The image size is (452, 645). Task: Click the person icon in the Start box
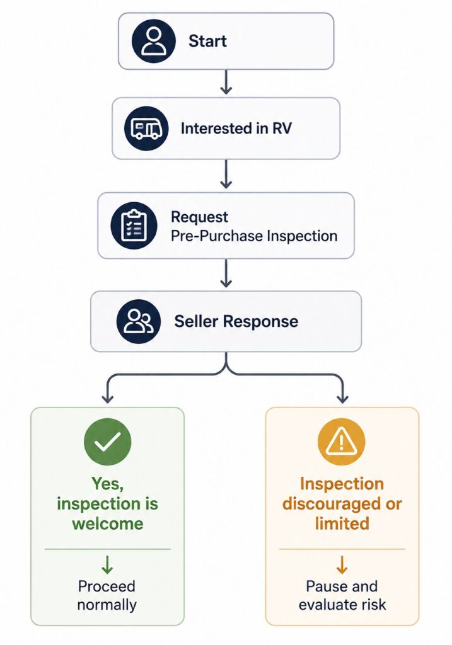coord(154,41)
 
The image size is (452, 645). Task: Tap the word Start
coord(207,41)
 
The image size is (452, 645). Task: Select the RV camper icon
coord(146,128)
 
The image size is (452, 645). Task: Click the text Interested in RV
coord(236,128)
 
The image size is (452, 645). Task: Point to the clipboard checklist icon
coord(134,225)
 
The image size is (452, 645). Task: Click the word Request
coord(199,217)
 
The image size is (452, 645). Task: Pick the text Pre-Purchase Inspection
coord(254,236)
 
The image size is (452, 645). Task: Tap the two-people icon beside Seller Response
coord(139,321)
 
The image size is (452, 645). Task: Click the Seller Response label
coord(236,321)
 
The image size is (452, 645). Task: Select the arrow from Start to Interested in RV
coord(226,83)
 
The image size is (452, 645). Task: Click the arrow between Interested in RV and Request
coord(226,174)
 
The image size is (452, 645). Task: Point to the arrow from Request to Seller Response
coord(226,273)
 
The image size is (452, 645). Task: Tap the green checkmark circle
coord(107,442)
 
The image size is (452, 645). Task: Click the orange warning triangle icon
coord(341,442)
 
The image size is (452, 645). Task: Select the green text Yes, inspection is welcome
coord(107,503)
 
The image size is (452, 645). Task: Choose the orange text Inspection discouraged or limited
coord(342,503)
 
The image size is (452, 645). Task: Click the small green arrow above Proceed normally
coord(107,565)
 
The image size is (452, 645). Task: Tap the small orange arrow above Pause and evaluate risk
coord(342,565)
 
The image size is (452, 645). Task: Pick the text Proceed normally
coord(107,595)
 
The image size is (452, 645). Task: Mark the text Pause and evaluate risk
coord(342,595)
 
